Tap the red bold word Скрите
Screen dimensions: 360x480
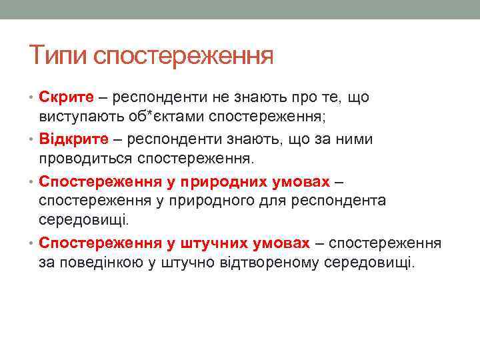tap(66, 98)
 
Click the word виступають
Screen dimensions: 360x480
tap(77, 117)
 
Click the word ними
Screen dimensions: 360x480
tap(357, 140)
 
